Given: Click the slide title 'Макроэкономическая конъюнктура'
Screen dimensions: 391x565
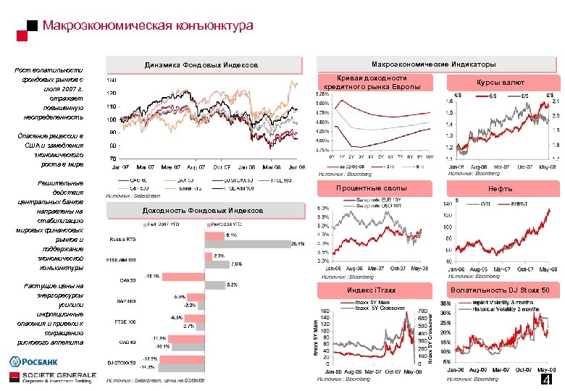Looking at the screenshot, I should [x=148, y=26].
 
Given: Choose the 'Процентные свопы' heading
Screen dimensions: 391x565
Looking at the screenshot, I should [x=377, y=189].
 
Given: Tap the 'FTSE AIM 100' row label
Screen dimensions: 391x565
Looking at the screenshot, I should [x=122, y=259].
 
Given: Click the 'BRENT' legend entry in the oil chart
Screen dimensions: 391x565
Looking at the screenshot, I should [x=519, y=204].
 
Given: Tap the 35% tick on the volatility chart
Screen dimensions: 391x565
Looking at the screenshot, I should [x=445, y=303].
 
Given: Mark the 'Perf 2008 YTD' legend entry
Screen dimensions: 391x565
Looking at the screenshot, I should [x=231, y=224].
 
